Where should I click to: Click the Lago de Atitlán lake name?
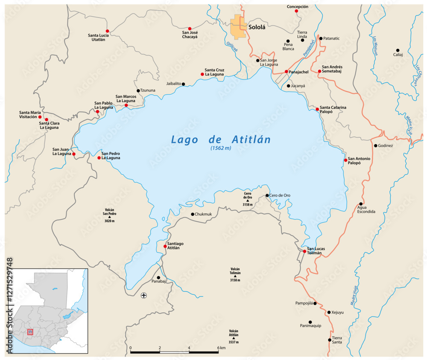[221, 139]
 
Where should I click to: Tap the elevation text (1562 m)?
[220, 148]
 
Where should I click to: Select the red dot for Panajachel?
[286, 72]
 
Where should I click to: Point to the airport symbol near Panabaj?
[143, 295]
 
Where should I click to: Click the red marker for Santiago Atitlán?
[165, 246]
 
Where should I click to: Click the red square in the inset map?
[30, 332]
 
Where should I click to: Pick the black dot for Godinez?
[375, 145]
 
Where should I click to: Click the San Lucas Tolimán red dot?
[304, 251]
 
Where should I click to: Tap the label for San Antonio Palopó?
[359, 160]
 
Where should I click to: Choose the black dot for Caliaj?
[398, 50]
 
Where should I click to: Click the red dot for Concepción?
[296, 11]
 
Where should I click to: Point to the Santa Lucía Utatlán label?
[98, 37]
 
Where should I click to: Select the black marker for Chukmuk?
[193, 214]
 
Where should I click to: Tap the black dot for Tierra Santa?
[329, 340]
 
